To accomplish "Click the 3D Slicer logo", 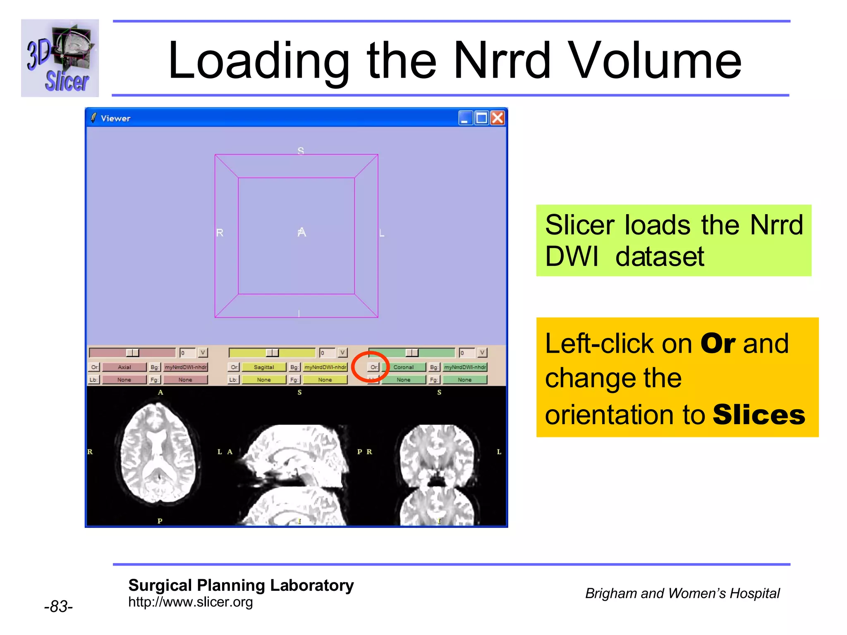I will (x=60, y=58).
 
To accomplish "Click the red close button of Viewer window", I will (x=498, y=118).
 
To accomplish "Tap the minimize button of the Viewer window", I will (x=465, y=118).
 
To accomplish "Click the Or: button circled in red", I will (x=374, y=367).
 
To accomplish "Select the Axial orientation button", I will (x=124, y=367).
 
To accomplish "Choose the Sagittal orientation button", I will (x=264, y=367).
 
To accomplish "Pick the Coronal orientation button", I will (x=403, y=367).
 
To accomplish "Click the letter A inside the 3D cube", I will (x=302, y=232).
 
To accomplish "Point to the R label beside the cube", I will (x=220, y=233).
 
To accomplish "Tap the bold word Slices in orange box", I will (x=759, y=415).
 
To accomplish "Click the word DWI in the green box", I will (x=572, y=257).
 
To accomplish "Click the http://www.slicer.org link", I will (x=190, y=602).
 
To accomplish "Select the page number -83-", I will (x=58, y=606).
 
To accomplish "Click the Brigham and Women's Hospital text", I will (x=682, y=593).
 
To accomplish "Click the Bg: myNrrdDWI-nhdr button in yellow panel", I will (x=325, y=367).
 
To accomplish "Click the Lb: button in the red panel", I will (x=94, y=380).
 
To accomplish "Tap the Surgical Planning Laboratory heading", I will (x=241, y=585).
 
